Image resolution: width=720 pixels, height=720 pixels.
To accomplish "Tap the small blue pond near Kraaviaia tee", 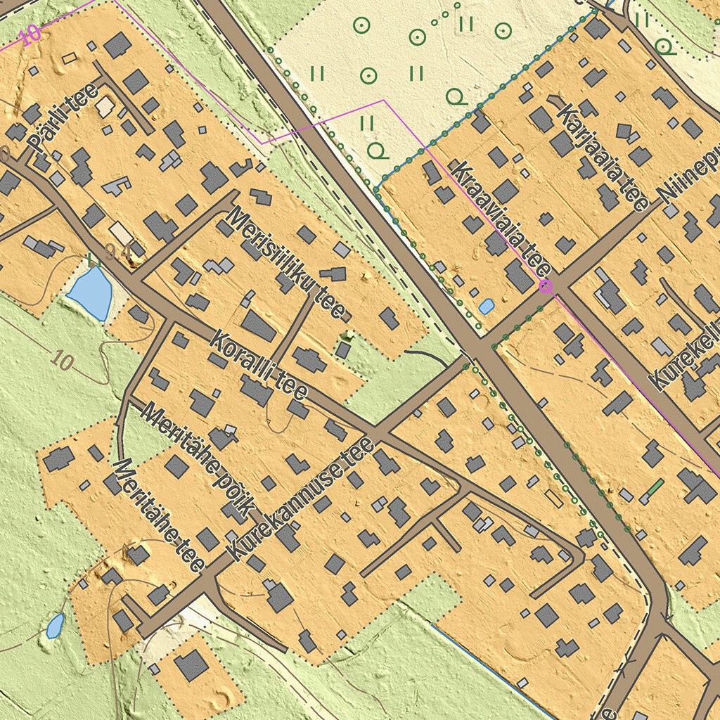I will click(486, 306).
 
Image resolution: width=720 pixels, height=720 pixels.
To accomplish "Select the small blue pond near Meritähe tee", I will click(55, 625).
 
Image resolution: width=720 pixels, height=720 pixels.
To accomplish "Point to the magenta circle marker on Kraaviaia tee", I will click(545, 285).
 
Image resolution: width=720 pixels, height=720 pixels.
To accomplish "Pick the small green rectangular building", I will click(654, 487).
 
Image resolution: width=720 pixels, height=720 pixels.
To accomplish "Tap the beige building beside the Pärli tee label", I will click(105, 107).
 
